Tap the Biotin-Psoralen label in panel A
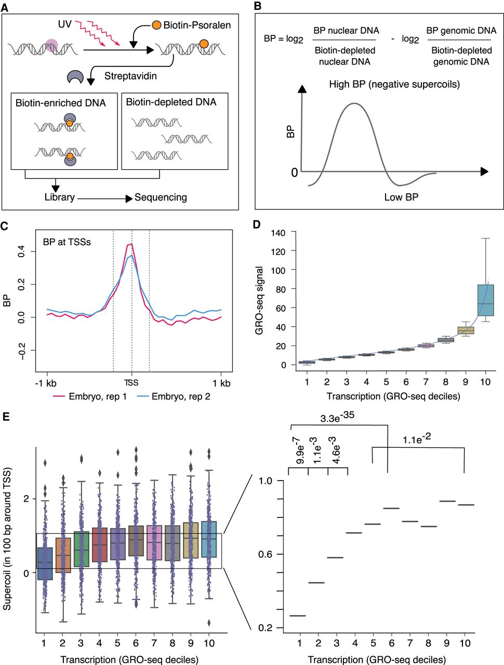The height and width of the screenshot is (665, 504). click(x=197, y=25)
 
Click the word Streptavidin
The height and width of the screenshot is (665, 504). click(x=130, y=76)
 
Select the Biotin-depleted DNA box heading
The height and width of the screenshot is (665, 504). click(x=171, y=102)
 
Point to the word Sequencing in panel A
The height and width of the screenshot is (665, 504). click(x=161, y=197)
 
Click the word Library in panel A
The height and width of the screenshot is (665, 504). click(x=59, y=197)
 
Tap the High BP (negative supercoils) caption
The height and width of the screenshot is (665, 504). click(x=394, y=84)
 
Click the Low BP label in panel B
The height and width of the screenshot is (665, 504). click(x=401, y=197)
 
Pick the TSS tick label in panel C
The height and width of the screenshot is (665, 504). click(x=131, y=383)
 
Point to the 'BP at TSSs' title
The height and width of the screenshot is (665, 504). click(x=67, y=242)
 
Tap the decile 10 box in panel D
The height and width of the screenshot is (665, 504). click(x=485, y=300)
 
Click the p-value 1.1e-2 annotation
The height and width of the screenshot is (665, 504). click(x=417, y=440)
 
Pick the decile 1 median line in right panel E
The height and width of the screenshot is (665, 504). click(x=298, y=616)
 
